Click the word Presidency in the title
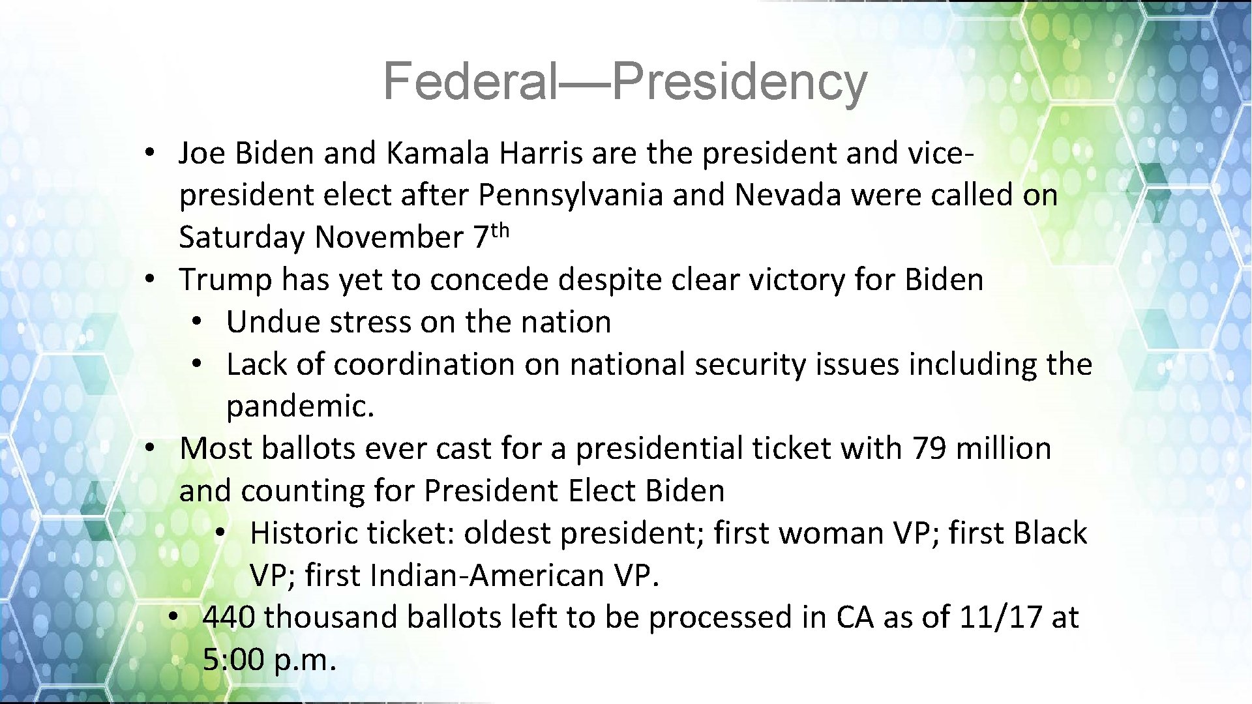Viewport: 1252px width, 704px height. pos(739,82)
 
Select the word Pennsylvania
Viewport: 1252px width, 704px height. pos(571,196)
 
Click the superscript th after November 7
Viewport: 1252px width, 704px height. pos(499,230)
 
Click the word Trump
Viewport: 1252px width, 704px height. pos(225,280)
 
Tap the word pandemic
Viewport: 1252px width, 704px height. pos(300,407)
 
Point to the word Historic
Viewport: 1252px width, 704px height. pos(304,533)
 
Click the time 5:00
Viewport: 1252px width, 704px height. pos(233,660)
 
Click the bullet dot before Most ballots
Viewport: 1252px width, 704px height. pos(149,449)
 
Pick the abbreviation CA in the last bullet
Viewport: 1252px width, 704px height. pos(854,617)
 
